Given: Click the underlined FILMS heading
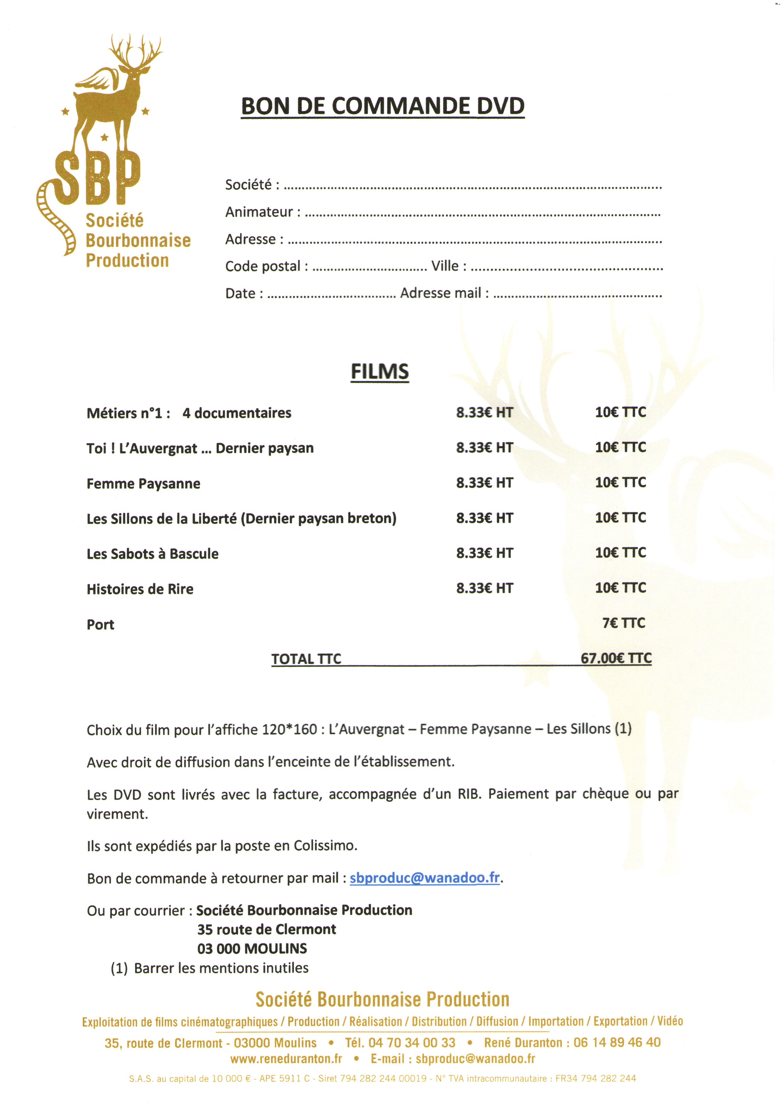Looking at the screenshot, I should point(380,372).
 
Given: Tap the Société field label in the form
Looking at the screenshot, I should point(252,185).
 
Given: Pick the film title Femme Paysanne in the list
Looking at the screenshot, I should point(144,483).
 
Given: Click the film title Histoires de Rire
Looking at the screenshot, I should point(140,589).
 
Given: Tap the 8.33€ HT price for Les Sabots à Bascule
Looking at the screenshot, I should point(484,553).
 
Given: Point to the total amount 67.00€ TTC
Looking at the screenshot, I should point(616,658).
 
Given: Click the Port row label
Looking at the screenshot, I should point(100,625).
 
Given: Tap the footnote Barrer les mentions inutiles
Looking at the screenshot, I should point(221,968).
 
